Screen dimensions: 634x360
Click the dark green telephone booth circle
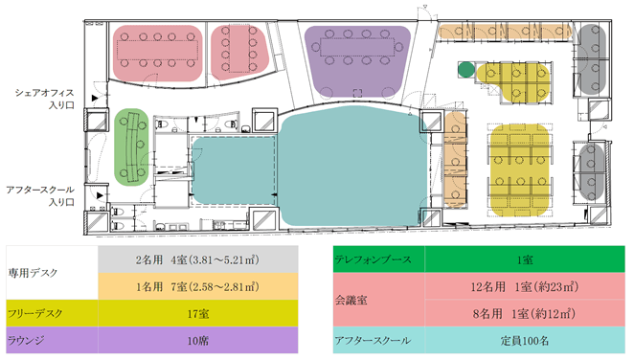466,70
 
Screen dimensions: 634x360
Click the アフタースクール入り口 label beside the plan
40,196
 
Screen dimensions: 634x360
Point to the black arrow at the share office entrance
95,99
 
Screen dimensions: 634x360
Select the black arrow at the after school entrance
100,196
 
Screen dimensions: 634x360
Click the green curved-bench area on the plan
131,147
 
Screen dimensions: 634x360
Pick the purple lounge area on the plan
357,60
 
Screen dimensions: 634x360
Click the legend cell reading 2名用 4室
198,259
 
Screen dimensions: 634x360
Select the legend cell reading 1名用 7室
198,286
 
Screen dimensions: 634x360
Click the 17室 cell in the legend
198,313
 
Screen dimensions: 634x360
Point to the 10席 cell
198,340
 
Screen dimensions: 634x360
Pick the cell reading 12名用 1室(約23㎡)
525,286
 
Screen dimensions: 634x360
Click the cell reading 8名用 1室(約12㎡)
525,313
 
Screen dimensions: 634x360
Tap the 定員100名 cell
525,340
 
